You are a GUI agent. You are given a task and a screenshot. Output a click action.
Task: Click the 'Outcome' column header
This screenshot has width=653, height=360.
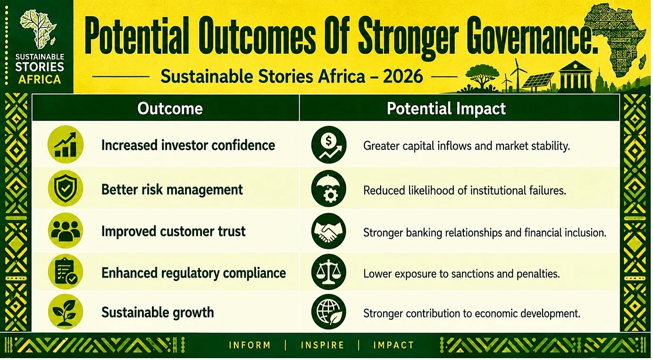coord(170,109)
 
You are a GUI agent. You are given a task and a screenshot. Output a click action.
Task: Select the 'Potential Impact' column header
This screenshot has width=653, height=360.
coord(446,109)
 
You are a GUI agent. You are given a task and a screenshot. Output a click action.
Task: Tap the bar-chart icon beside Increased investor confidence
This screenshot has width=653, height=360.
coord(66,144)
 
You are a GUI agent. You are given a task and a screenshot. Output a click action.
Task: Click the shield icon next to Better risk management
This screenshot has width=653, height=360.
coord(66,189)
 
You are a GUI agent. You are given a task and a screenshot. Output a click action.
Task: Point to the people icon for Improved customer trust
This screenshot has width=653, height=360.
coord(66,231)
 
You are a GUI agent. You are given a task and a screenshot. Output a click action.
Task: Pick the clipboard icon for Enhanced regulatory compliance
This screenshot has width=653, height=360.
coord(66,272)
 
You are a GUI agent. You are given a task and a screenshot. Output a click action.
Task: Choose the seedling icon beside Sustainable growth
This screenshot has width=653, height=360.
coord(66,311)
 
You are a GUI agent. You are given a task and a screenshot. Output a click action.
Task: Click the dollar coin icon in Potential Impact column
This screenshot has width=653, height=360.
coord(329,144)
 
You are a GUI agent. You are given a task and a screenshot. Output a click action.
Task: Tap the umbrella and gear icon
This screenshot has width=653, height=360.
coord(329,189)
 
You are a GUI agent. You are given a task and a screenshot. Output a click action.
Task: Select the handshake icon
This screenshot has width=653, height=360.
coord(329,231)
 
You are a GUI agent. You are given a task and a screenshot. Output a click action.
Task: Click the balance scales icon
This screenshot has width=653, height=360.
coord(329,272)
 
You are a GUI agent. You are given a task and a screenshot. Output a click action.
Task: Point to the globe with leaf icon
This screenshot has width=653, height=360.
coord(329,311)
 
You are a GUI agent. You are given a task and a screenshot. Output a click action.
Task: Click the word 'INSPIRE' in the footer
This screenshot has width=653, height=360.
coord(322,345)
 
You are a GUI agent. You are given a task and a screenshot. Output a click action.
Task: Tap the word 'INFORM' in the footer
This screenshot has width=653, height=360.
coord(250,345)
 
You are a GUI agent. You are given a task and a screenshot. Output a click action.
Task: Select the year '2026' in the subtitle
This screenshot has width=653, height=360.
coord(403,76)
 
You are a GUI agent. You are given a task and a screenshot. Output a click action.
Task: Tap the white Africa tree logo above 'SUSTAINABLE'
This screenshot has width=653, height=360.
coord(38,29)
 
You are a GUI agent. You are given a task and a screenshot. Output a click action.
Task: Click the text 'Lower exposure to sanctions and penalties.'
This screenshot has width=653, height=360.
coord(461,274)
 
